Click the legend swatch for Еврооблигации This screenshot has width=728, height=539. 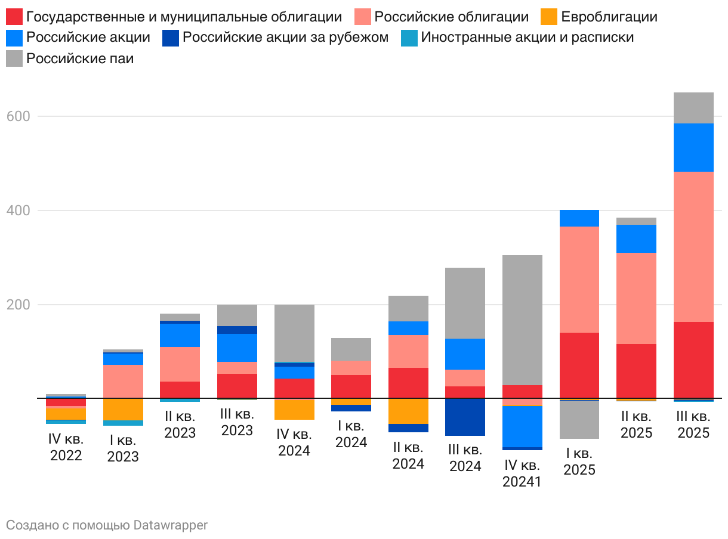pyautogui.click(x=549, y=17)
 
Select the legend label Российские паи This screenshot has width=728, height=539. pyautogui.click(x=80, y=58)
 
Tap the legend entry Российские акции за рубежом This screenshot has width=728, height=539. pyautogui.click(x=285, y=38)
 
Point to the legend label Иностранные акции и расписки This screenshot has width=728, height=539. pyautogui.click(x=527, y=38)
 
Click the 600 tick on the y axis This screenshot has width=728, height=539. pyautogui.click(x=18, y=116)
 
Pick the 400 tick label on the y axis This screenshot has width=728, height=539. pyautogui.click(x=18, y=210)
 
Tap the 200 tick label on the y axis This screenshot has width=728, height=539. pyautogui.click(x=18, y=305)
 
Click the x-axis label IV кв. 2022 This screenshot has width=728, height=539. pyautogui.click(x=66, y=448)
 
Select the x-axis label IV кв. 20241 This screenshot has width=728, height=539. pyautogui.click(x=522, y=473)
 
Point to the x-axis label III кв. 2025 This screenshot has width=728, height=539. pyautogui.click(x=693, y=424)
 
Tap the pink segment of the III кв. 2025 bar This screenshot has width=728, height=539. pyautogui.click(x=693, y=246)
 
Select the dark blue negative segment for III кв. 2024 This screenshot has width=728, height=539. pyautogui.click(x=465, y=417)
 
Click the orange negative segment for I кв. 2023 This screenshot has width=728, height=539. pyautogui.click(x=123, y=410)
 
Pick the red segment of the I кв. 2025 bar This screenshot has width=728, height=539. pyautogui.click(x=579, y=365)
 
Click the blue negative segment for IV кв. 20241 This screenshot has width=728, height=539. pyautogui.click(x=522, y=426)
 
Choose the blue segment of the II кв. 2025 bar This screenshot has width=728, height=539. pyautogui.click(x=636, y=238)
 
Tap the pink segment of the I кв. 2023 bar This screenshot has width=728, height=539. pyautogui.click(x=123, y=381)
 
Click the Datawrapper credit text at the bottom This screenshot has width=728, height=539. pyautogui.click(x=107, y=525)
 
